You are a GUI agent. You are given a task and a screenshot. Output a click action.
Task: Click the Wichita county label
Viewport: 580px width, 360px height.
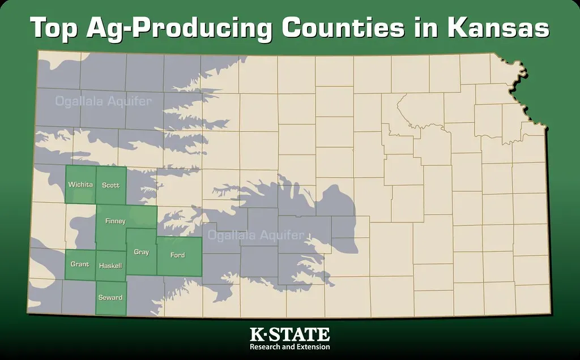[x=80, y=185]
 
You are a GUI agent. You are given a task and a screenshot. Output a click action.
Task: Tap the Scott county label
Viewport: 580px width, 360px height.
[x=110, y=185]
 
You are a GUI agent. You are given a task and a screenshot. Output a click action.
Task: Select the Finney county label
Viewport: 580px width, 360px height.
[x=115, y=221]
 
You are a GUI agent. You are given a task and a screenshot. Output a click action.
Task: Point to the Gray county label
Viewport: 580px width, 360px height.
[x=141, y=252]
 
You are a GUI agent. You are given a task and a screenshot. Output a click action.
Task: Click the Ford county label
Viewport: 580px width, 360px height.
[x=177, y=255]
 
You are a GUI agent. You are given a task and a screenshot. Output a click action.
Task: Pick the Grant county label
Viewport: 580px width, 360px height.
[x=80, y=264]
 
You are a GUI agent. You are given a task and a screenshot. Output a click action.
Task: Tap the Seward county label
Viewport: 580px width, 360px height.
[x=110, y=298]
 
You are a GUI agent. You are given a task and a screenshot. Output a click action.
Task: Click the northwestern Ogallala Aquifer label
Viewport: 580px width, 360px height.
[x=103, y=102]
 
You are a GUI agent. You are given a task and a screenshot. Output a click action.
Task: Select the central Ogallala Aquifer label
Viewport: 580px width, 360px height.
[x=256, y=235]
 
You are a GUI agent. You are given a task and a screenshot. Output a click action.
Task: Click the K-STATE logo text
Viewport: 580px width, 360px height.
[x=289, y=334]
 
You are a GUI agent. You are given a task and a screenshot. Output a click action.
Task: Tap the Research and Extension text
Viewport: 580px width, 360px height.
[x=289, y=346]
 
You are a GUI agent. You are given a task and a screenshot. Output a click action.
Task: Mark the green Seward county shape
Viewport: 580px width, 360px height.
[x=110, y=306]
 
